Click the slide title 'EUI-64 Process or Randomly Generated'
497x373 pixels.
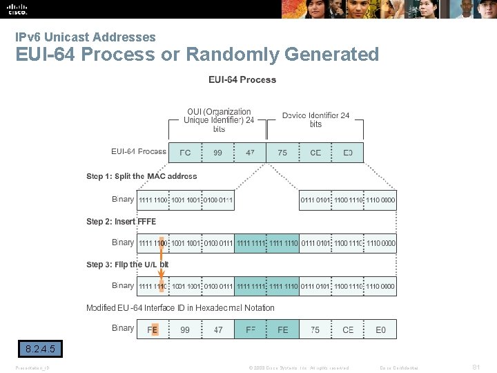tap(197, 54)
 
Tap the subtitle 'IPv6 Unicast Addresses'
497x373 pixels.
tap(86, 37)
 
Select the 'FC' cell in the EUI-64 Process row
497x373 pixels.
tap(186, 153)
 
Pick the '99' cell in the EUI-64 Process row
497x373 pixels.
tap(218, 153)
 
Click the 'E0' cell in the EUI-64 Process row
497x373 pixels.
tap(347, 153)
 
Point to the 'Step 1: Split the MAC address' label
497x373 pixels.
tap(142, 176)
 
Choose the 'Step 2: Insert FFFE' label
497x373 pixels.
tap(121, 222)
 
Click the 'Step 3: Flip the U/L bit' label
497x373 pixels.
tap(128, 265)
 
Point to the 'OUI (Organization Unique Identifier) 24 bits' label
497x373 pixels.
tap(219, 120)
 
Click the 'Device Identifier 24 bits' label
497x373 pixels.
tap(315, 119)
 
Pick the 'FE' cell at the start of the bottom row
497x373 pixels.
tap(153, 330)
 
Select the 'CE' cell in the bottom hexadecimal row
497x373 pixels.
tap(348, 330)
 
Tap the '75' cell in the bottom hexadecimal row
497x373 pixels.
tap(315, 330)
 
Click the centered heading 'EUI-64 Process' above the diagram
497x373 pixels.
tap(242, 79)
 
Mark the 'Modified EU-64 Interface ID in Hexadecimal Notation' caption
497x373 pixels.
tap(180, 308)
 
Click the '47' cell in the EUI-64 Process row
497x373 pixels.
tap(250, 153)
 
